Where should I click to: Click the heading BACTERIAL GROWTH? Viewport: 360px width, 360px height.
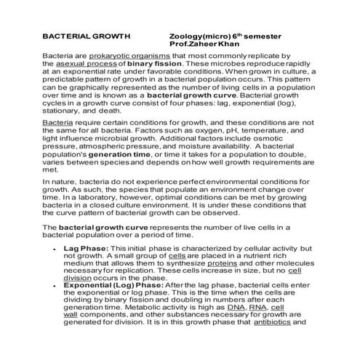click(86, 35)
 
